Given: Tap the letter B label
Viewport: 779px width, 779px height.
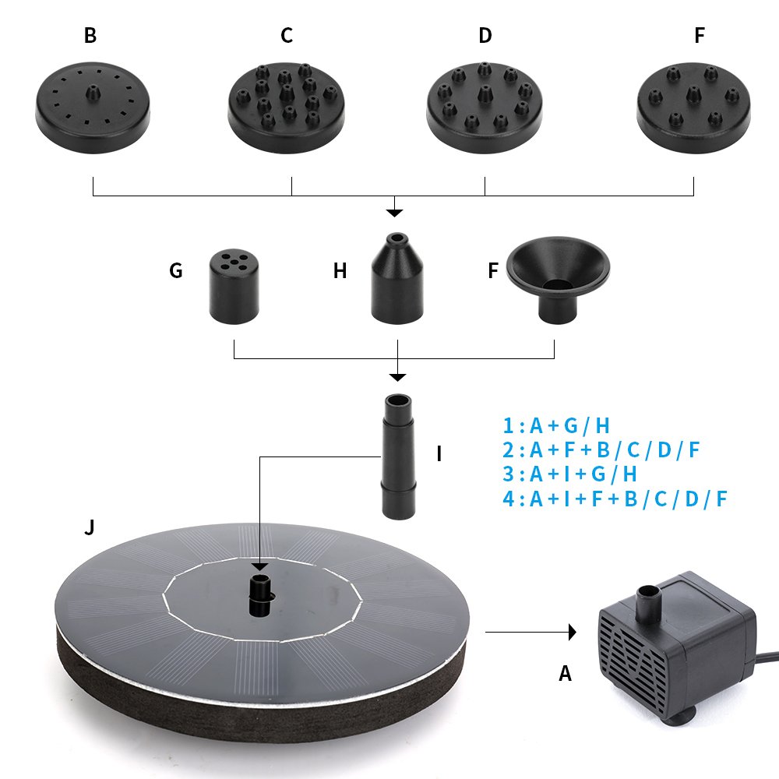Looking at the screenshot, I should (90, 36).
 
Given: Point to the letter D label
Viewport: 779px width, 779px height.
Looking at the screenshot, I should (485, 36).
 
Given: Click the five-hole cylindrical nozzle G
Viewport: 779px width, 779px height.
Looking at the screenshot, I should (234, 287).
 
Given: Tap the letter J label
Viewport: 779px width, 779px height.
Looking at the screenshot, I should (90, 528).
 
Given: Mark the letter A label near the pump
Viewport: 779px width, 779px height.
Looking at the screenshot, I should (565, 674).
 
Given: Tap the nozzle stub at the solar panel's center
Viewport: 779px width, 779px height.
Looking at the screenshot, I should (260, 591).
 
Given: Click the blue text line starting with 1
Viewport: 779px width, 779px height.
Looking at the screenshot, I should (556, 425).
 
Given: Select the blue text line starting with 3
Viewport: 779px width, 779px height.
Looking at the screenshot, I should (569, 474).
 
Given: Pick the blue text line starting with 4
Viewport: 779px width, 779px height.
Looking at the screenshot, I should (615, 499).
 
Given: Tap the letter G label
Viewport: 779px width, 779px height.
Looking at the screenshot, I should (176, 271).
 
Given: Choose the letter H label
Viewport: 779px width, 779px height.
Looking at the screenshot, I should (340, 271).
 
